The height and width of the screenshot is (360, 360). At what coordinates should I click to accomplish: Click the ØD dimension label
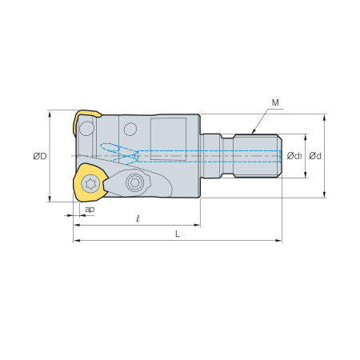(40, 156)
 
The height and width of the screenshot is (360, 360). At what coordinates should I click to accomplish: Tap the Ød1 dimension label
(294, 156)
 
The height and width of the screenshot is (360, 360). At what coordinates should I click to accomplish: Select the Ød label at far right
(315, 156)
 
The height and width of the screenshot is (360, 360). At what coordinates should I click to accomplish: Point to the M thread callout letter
(275, 102)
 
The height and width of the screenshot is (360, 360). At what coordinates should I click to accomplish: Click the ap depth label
(90, 210)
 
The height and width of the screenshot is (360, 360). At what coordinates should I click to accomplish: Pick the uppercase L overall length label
(178, 234)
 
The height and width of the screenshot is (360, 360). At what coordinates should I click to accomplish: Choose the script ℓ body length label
(138, 219)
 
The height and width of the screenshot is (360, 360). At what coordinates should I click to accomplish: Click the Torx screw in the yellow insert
(90, 183)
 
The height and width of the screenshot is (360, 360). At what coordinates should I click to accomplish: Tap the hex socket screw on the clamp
(134, 182)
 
